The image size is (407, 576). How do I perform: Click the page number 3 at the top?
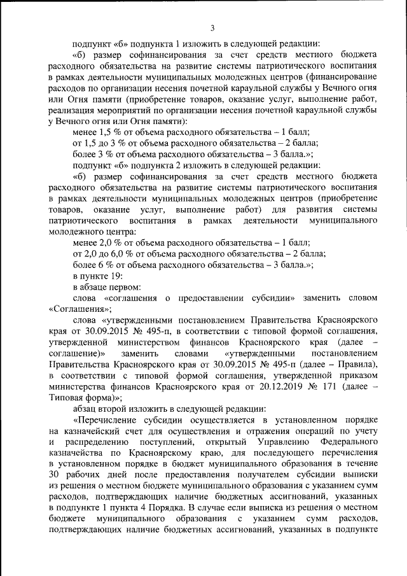(212, 27)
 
